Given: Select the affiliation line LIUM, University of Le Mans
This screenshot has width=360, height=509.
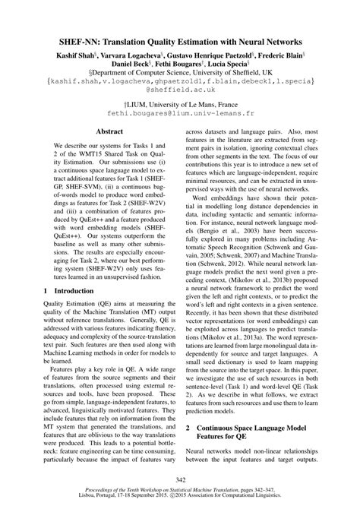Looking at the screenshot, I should [180, 101].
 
